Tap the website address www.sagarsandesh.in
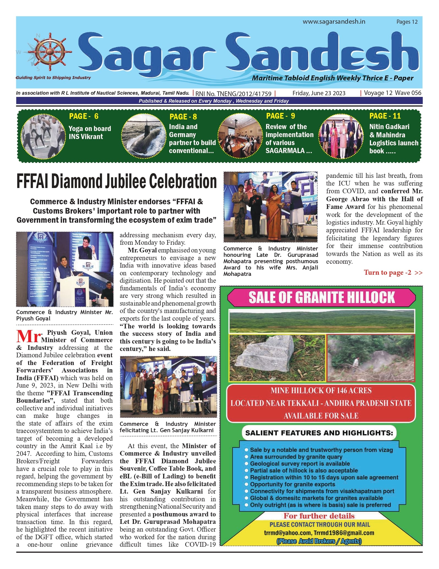click(334, 22)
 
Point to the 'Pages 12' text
click(407, 22)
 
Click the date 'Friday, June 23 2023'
click(319, 93)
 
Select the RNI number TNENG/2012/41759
click(233, 94)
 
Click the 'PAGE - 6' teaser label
click(84, 116)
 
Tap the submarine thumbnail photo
click(142, 136)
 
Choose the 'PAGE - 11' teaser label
click(385, 116)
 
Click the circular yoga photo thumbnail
click(41, 136)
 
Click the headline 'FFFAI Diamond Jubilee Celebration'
click(116, 182)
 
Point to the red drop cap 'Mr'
click(28, 337)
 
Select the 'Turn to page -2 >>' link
click(393, 273)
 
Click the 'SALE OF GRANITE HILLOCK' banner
click(321, 298)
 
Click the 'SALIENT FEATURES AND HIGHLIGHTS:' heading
click(319, 433)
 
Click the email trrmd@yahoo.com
click(287, 533)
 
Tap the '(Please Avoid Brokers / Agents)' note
click(319, 541)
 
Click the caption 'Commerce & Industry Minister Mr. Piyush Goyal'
click(64, 315)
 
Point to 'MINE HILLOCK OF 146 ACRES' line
click(321, 391)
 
